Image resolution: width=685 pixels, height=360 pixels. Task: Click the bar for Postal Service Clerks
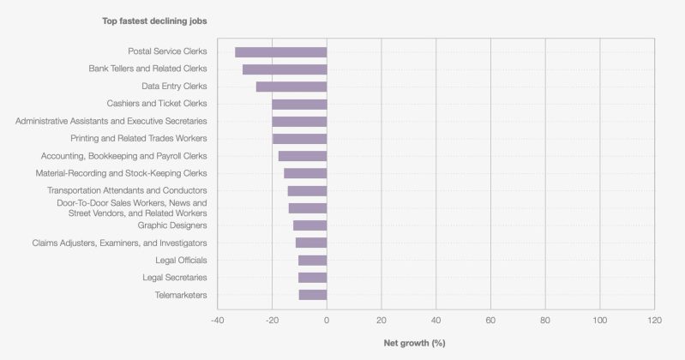point(280,52)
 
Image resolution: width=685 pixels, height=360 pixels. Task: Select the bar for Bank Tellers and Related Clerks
point(285,69)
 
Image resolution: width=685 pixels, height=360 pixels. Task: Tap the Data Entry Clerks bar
point(291,87)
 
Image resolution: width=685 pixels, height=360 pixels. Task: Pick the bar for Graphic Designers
point(309,225)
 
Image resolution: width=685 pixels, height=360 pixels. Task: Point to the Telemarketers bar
point(313,295)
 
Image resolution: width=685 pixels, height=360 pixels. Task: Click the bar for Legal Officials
point(312,261)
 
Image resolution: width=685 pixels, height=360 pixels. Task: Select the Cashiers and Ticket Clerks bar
point(299,104)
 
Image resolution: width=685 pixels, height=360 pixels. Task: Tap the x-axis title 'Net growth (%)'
point(413,343)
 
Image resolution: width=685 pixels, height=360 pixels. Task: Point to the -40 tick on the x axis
point(217,320)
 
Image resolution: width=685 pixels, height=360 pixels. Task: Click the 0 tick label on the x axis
point(327,320)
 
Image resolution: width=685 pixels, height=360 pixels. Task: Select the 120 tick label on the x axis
point(654,320)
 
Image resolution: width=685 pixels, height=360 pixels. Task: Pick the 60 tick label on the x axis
point(490,320)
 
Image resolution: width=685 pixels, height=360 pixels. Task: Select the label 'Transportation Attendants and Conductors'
point(127,190)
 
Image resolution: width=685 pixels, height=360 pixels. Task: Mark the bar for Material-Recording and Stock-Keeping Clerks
point(305,173)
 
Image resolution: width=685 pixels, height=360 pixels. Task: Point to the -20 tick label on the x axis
point(271,320)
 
